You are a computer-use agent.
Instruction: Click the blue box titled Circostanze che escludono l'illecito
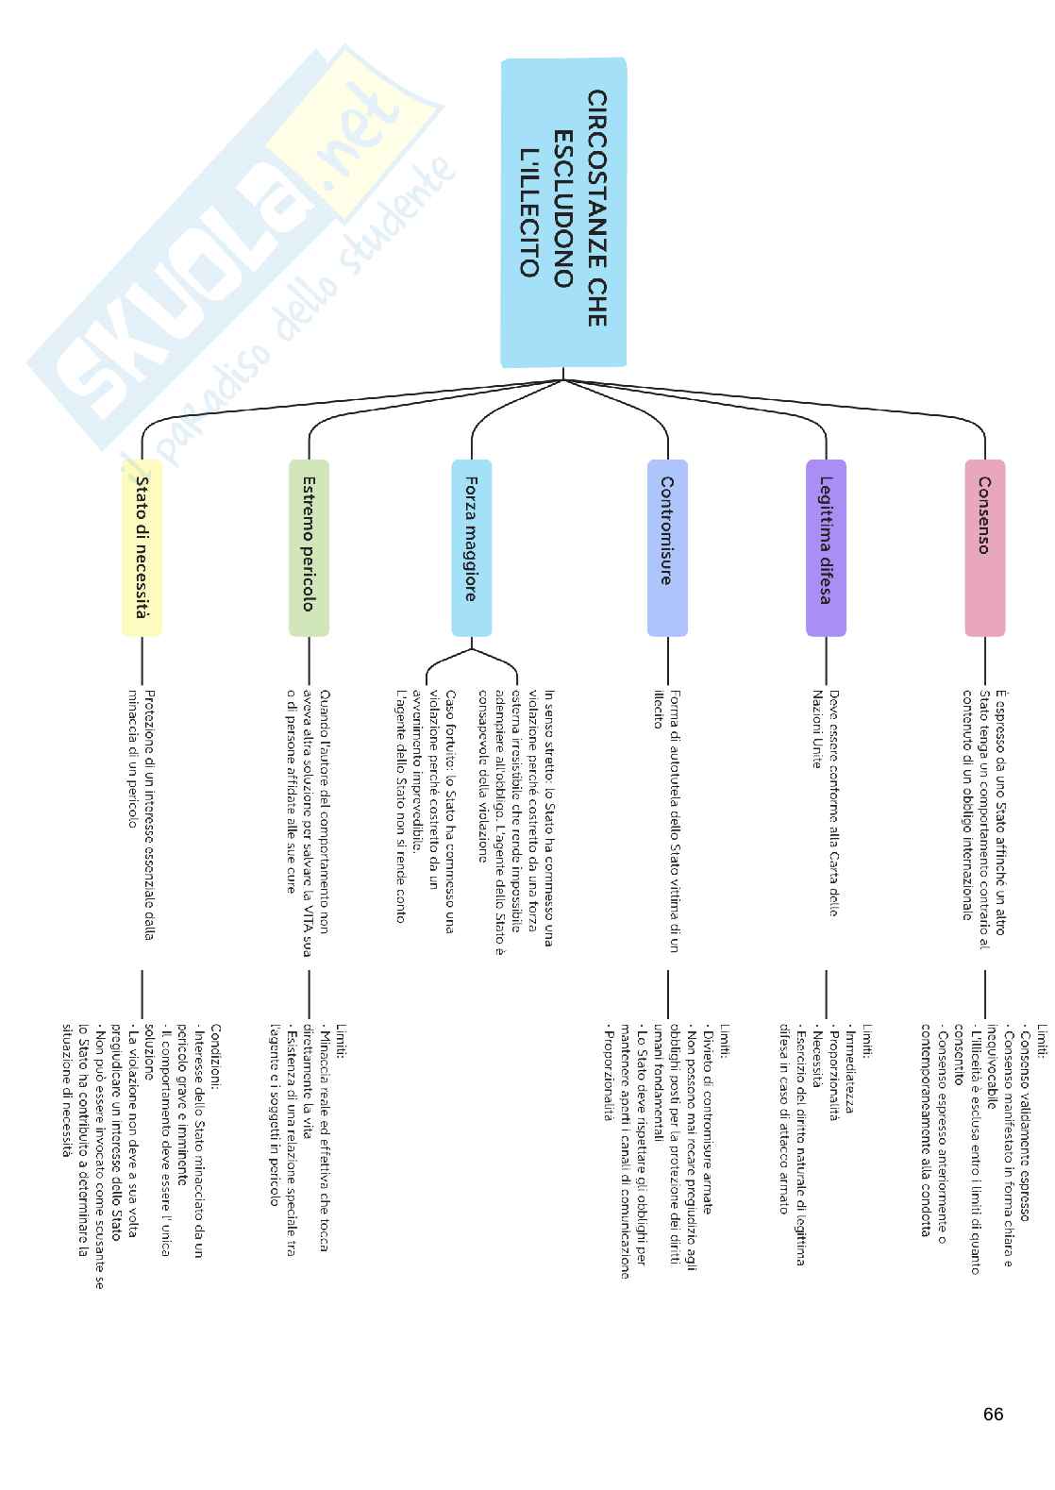pyautogui.click(x=563, y=212)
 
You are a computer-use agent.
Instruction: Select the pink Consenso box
pyautogui.click(x=984, y=547)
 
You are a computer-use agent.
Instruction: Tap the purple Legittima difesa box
pyautogui.click(x=826, y=547)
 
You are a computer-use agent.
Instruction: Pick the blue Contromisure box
pyautogui.click(x=667, y=547)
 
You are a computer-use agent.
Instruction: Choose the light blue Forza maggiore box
pyautogui.click(x=471, y=547)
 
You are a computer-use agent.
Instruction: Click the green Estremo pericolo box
pyautogui.click(x=309, y=547)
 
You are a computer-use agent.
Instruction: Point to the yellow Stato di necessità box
pyautogui.click(x=142, y=547)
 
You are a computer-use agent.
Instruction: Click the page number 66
pyautogui.click(x=993, y=1414)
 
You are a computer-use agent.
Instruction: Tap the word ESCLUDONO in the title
pyautogui.click(x=563, y=208)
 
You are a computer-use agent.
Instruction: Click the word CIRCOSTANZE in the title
pyautogui.click(x=596, y=208)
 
